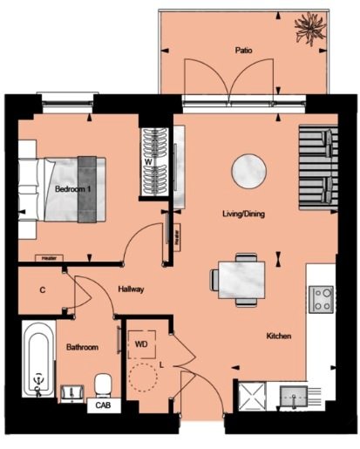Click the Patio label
243,51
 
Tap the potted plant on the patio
310,28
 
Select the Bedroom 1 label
73,189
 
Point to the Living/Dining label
243,214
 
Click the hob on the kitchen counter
321,299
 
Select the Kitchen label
279,336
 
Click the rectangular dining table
241,280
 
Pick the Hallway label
131,289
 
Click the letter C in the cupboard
43,290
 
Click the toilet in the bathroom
103,385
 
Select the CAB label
103,405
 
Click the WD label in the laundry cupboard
141,344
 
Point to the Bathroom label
82,347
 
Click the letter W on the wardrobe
148,162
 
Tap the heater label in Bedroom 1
49,258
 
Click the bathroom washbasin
71,394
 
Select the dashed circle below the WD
143,378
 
